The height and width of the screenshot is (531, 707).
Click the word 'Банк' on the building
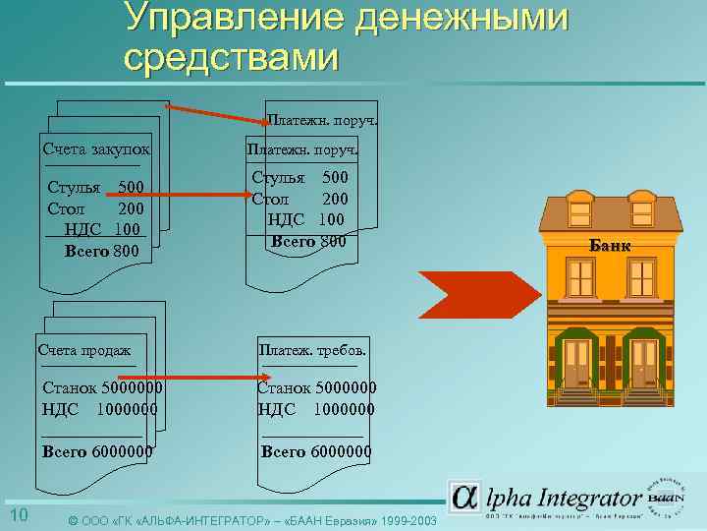click(x=610, y=245)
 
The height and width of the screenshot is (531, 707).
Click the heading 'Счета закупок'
click(x=96, y=150)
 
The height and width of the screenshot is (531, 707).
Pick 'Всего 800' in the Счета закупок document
click(x=101, y=252)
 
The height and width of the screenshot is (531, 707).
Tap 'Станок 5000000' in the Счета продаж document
click(x=103, y=389)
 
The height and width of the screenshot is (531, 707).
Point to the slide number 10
click(x=19, y=517)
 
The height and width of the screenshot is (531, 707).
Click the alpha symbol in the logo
click(x=464, y=497)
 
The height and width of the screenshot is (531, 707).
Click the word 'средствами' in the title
click(x=232, y=57)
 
